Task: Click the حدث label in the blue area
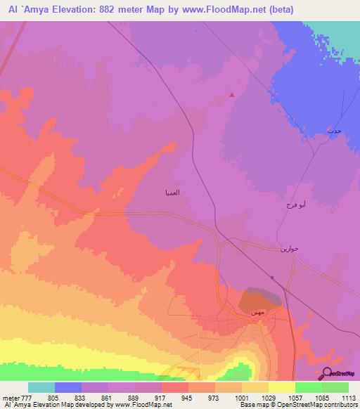click(333, 131)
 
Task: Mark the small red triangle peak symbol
click(233, 96)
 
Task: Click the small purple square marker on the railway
click(272, 277)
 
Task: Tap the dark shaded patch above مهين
click(260, 300)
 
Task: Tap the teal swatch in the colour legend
click(41, 387)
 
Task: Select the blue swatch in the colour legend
click(68, 387)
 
